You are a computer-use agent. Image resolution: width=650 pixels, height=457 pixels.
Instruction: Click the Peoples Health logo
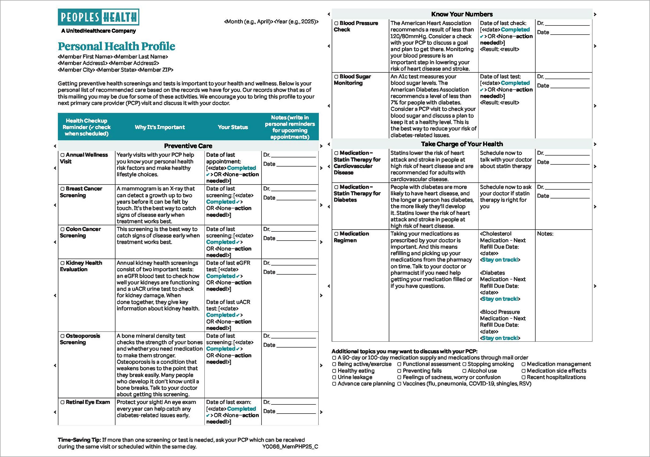98,17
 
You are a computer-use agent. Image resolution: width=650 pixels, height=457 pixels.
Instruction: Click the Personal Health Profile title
116,46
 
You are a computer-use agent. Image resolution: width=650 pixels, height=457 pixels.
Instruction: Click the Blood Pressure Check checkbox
336,23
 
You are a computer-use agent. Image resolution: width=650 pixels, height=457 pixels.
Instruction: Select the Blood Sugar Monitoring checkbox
336,77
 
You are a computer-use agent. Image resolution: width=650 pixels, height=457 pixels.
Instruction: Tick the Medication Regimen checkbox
336,234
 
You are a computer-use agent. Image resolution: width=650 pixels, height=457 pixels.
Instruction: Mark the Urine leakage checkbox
334,377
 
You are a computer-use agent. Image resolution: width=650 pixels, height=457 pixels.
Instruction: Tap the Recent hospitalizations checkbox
524,377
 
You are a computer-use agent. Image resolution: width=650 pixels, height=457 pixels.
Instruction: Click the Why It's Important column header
160,127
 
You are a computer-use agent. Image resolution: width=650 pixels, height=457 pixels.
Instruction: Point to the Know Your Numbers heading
462,14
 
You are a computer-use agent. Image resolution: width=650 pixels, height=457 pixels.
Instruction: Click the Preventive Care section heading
188,146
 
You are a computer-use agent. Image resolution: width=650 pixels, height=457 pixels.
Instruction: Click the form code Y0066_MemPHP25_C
290,447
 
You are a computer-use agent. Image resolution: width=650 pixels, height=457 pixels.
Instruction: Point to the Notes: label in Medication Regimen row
545,234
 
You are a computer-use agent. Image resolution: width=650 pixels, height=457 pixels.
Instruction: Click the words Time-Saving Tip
79,440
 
